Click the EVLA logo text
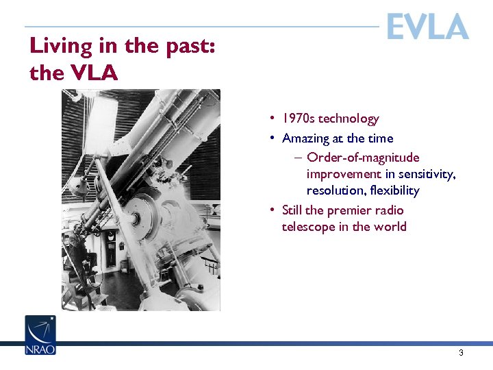[x=427, y=27]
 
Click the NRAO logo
[x=40, y=335]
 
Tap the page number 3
[x=461, y=353]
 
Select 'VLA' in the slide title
[x=92, y=73]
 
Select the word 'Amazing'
[x=305, y=138]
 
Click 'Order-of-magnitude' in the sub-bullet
[x=363, y=158]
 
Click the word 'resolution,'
[x=334, y=190]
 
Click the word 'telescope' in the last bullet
[x=308, y=227]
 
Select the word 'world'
[x=390, y=227]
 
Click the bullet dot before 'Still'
[x=273, y=210]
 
